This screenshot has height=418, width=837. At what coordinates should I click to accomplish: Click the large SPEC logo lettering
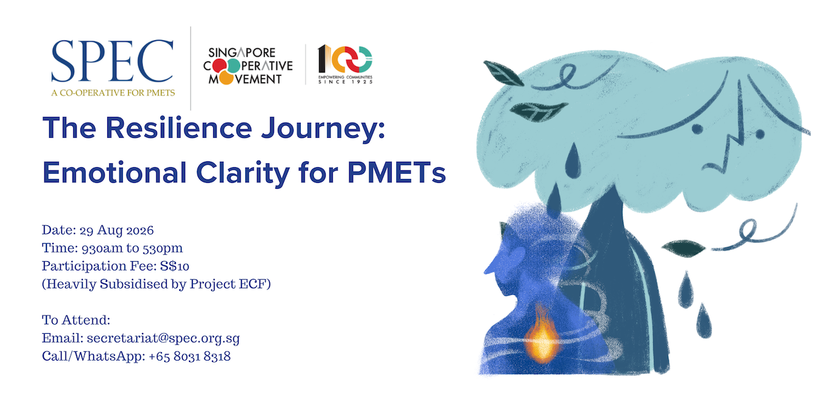tap(112, 61)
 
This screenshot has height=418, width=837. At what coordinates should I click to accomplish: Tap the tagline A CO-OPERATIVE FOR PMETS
tap(113, 93)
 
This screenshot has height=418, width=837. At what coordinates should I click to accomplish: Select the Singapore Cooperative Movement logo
tap(248, 66)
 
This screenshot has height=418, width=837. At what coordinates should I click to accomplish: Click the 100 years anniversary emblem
tap(345, 64)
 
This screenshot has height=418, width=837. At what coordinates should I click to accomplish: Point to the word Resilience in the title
tap(179, 128)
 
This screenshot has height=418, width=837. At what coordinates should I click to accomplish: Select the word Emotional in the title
tap(114, 173)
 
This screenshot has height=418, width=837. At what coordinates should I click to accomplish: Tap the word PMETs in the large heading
tap(396, 173)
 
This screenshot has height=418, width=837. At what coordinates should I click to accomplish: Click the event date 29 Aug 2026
tap(116, 231)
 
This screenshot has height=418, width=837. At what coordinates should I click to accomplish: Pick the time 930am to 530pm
tap(132, 248)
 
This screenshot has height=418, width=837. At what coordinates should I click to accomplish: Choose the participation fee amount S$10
tap(175, 266)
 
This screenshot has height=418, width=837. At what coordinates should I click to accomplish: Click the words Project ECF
tap(229, 284)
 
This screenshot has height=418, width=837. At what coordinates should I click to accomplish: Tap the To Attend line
tap(76, 320)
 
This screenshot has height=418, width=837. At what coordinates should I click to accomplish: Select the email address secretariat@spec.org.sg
tap(163, 338)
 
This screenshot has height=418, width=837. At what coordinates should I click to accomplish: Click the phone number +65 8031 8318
tap(190, 357)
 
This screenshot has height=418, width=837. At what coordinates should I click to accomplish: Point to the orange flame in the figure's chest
tap(541, 336)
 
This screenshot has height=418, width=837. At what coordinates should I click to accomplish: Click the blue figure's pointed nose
tap(490, 268)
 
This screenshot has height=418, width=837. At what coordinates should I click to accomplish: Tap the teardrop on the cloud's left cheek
tap(572, 161)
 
